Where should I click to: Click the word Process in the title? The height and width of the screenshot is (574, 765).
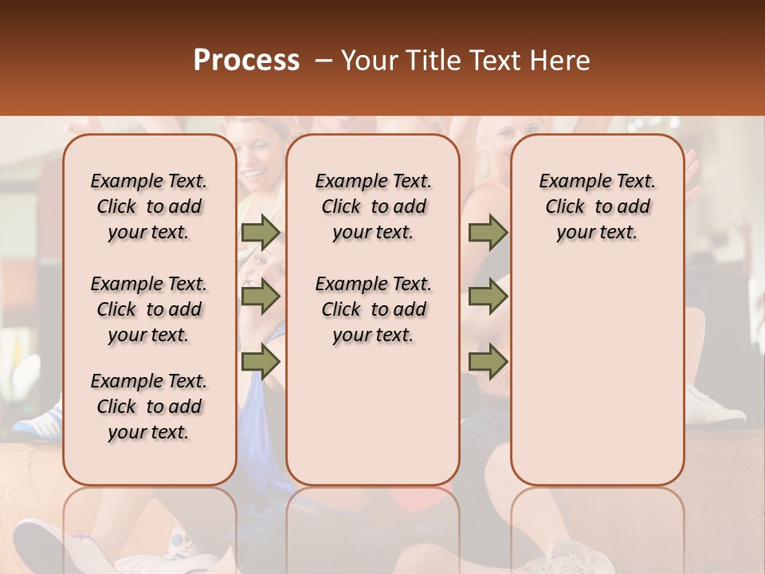pyautogui.click(x=246, y=61)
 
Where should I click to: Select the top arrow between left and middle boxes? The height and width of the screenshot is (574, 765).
pyautogui.click(x=261, y=233)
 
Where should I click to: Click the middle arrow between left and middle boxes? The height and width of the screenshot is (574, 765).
pyautogui.click(x=261, y=297)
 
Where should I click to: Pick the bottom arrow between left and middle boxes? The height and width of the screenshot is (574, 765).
pyautogui.click(x=261, y=362)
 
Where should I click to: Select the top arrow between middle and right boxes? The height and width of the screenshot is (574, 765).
pyautogui.click(x=488, y=233)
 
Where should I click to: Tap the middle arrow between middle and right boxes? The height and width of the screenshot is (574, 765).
pyautogui.click(x=488, y=297)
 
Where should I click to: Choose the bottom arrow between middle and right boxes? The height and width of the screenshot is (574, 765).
pyautogui.click(x=488, y=362)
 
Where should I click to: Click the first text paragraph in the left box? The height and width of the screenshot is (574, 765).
pyautogui.click(x=149, y=206)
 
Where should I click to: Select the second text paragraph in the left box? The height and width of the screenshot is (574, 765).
pyautogui.click(x=149, y=309)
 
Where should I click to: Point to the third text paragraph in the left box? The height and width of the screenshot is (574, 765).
pyautogui.click(x=149, y=407)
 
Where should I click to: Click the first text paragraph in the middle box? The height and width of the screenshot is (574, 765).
pyautogui.click(x=373, y=206)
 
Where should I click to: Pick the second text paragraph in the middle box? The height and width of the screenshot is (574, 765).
pyautogui.click(x=373, y=309)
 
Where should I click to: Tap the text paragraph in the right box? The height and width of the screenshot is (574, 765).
pyautogui.click(x=598, y=206)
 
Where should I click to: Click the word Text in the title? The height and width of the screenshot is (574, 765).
pyautogui.click(x=494, y=61)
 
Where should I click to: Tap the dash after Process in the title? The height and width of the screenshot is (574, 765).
pyautogui.click(x=324, y=61)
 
